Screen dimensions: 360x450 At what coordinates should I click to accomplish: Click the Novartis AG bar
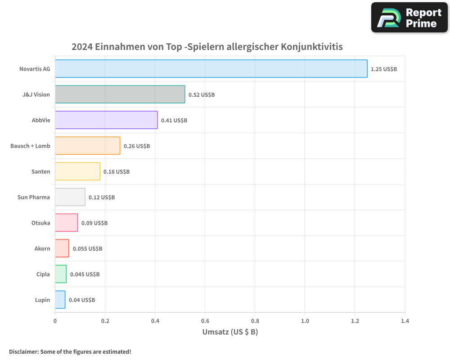point(211,69)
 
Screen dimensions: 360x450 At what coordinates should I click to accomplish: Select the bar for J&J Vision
point(120,94)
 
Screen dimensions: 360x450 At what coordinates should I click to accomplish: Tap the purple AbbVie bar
point(106,120)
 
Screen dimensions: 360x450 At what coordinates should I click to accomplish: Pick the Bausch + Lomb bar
point(87,146)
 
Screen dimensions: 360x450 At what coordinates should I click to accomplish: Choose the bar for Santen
point(77,171)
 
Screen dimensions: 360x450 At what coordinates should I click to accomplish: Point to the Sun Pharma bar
point(70,197)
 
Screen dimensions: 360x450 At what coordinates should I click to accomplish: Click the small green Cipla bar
point(61,274)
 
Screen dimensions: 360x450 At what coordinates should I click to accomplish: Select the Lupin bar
point(60,300)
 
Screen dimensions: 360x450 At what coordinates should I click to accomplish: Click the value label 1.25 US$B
point(384,69)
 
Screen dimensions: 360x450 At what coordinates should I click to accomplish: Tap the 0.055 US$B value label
point(87,249)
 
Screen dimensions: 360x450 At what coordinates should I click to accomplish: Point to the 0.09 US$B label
point(94,223)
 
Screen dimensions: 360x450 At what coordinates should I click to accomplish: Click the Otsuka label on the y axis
point(41,223)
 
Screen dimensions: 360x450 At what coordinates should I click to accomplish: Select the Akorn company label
point(42,248)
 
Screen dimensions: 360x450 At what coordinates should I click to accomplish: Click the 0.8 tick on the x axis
point(255,321)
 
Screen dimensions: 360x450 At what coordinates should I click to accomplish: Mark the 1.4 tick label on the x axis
point(405,321)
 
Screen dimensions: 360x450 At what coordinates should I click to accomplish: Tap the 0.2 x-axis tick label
point(105,321)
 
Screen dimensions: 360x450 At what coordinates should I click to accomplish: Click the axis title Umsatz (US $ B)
point(230,332)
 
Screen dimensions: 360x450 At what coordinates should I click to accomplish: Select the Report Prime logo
point(409,18)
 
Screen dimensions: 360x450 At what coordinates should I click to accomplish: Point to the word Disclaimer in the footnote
point(23,351)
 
